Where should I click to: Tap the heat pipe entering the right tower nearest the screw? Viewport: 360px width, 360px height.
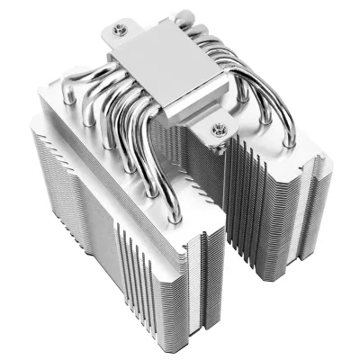pyautogui.click(x=236, y=135)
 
